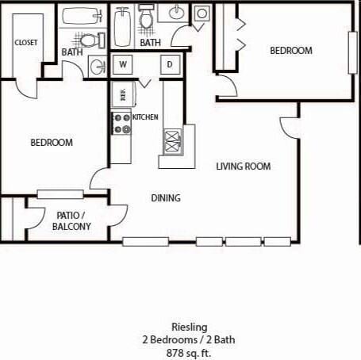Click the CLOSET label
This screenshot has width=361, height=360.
tap(25, 43)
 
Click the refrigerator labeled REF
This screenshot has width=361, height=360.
tap(121, 94)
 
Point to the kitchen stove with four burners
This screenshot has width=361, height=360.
tap(121, 123)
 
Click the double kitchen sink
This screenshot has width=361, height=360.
tap(172, 142)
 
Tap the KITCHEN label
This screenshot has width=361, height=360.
tap(145, 117)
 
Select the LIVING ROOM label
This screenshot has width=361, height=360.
tap(244, 167)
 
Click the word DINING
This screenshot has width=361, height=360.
tap(166, 198)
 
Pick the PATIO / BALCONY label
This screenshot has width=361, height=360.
tap(71, 220)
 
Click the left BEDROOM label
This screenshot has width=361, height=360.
tap(52, 143)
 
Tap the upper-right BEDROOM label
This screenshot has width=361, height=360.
tap(291, 50)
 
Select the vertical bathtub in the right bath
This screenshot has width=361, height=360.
tap(122, 26)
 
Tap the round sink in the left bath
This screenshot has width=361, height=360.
tap(98, 67)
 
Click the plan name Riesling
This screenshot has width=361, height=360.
tap(189, 326)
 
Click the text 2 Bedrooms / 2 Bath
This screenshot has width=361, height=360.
tap(189, 339)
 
